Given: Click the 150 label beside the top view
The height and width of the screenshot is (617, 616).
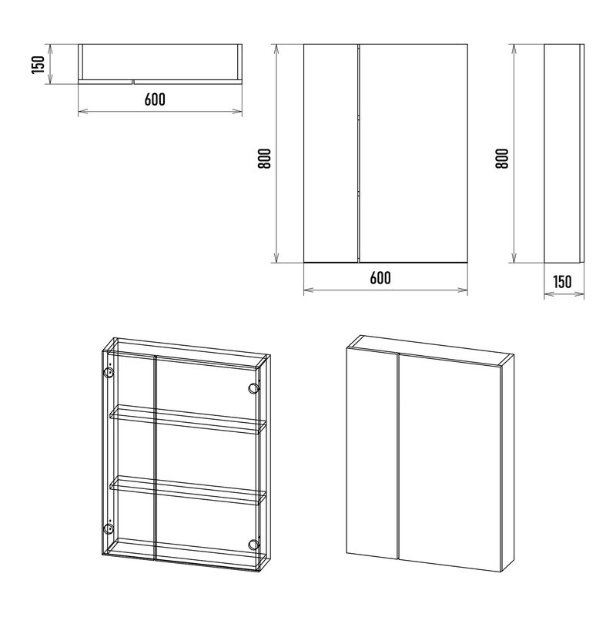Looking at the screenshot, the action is coord(38,65).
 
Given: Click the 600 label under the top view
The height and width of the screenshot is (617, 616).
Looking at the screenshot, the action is coord(155,99).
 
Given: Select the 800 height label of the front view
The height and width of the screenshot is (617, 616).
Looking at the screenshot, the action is coord(264,158).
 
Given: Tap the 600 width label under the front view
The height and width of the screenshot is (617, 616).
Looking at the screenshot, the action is coord(380,278).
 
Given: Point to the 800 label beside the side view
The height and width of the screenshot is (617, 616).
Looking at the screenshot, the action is coord(501,158).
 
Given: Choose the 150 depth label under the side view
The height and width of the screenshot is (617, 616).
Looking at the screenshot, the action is coord(562,282).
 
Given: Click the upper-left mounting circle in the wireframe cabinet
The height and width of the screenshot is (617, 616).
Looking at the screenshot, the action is coord(108,373).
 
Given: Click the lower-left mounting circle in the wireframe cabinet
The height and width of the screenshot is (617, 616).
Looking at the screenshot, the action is coord(108,528).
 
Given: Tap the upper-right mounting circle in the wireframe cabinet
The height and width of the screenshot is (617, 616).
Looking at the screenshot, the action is coord(254,389).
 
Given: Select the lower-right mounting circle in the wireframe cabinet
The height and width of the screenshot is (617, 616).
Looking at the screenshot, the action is coord(254,544).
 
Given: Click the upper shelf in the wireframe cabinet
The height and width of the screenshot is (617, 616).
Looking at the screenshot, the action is coord(188,420).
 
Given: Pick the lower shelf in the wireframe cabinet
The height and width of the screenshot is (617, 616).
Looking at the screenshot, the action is coord(188,491).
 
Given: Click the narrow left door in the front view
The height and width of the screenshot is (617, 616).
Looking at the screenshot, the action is coord(331,153).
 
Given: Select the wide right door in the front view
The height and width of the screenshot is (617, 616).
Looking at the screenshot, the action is coord(413,153).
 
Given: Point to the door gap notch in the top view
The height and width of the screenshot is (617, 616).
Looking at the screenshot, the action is coord(132,82).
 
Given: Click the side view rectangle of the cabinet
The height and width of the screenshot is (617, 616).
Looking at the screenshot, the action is coord(564,153).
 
